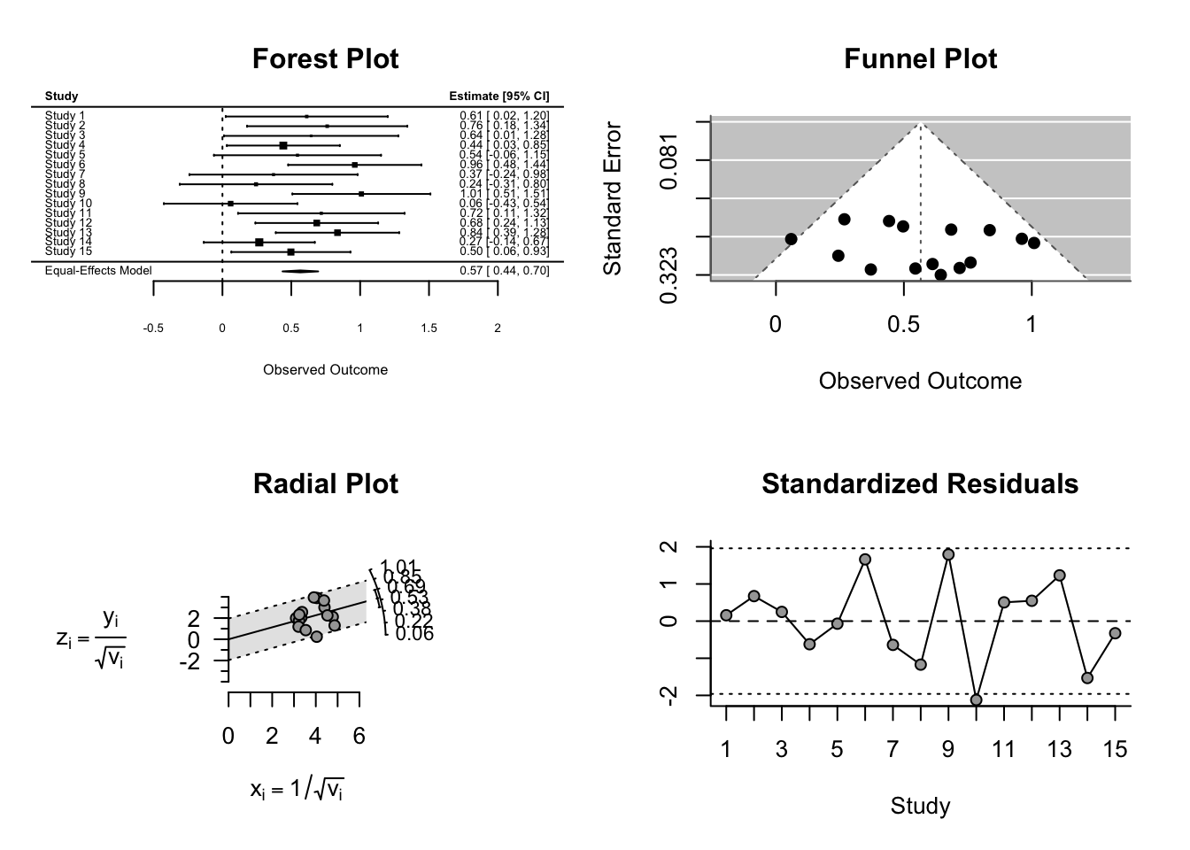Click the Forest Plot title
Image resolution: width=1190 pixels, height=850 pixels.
point(325,59)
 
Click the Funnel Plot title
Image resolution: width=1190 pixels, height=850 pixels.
point(920,59)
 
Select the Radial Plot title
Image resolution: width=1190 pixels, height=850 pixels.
point(325,484)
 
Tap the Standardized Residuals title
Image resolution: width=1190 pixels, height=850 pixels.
point(920,484)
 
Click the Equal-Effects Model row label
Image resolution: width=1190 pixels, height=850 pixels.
point(98,271)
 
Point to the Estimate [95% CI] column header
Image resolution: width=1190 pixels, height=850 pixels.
point(498,97)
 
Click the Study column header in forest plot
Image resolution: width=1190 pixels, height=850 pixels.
point(61,97)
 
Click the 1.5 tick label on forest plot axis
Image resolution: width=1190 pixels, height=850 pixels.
point(429,328)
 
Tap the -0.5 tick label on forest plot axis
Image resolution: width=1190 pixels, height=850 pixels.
point(153,328)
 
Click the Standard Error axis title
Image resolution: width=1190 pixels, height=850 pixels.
point(613,198)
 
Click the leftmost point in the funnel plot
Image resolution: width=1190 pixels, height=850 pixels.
point(791,239)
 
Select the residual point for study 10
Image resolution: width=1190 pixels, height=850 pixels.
point(976,699)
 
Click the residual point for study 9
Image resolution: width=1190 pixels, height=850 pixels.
point(948,554)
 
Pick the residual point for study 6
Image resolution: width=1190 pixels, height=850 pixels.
point(865,560)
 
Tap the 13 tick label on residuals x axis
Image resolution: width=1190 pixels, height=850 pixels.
point(1059,750)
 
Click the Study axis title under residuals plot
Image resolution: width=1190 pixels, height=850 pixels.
point(920,806)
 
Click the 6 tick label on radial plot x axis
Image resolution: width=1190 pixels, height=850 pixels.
point(359,736)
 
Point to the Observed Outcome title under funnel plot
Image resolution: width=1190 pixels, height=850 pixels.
point(920,381)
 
